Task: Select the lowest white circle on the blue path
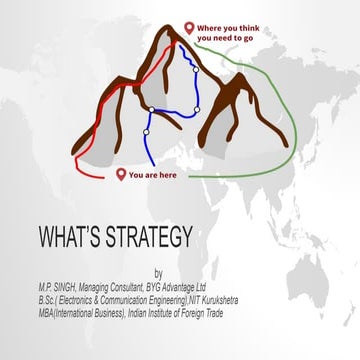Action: (146, 132)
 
